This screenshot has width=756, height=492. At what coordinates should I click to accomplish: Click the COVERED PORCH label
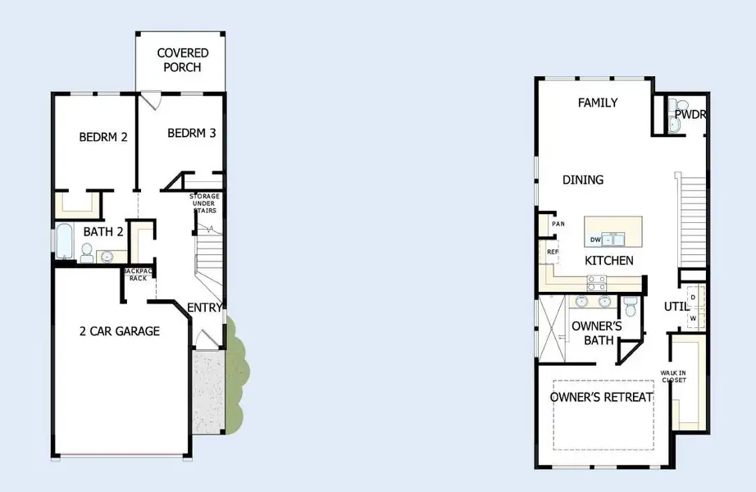pos(183,60)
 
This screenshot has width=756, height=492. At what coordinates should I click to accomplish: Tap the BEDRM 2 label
pos(103,137)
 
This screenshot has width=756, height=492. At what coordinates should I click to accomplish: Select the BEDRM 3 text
pos(192,133)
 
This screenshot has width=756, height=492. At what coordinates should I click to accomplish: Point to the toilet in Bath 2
pos(87,251)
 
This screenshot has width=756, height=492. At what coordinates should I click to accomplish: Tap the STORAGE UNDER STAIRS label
pos(208,203)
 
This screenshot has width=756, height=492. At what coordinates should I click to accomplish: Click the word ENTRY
pos(204,307)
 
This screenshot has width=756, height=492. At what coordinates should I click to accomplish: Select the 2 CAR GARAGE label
pos(119,331)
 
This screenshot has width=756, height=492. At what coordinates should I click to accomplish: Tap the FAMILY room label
pos(598,102)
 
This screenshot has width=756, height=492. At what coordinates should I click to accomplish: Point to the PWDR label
pos(690,115)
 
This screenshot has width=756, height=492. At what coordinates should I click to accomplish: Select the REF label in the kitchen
pos(553,252)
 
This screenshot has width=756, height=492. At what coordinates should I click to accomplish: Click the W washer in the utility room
pos(693,317)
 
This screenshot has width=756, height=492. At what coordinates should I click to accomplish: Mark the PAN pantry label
pos(558,224)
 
